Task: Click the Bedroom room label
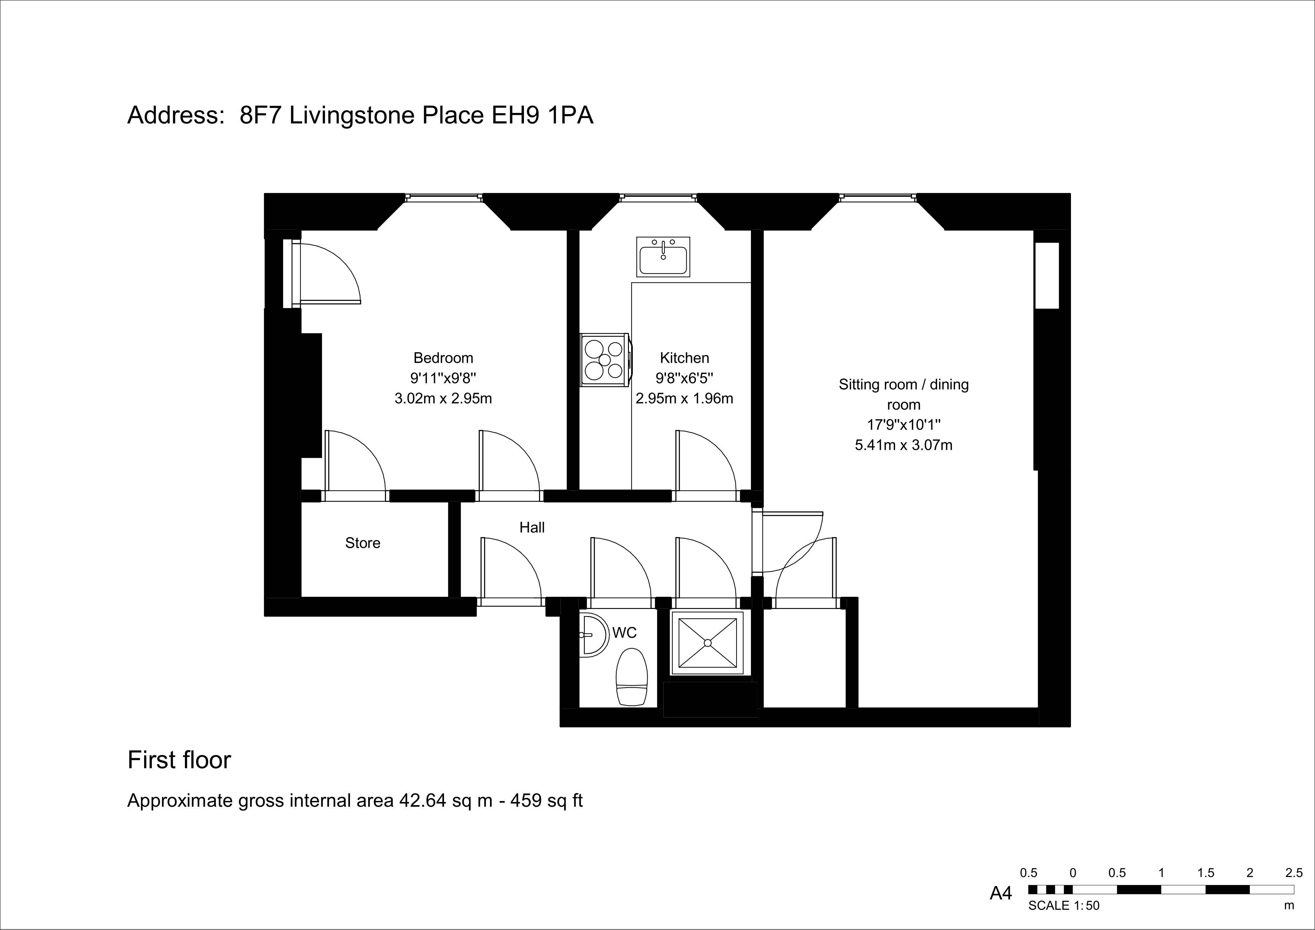[x=443, y=358]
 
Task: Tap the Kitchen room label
[x=684, y=358]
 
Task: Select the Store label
[x=362, y=543]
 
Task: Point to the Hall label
[x=532, y=527]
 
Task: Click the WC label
[x=624, y=633]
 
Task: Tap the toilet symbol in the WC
[x=632, y=677]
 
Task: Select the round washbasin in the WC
[x=593, y=635]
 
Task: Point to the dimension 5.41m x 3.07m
[x=904, y=445]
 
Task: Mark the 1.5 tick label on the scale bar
[x=1206, y=873]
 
